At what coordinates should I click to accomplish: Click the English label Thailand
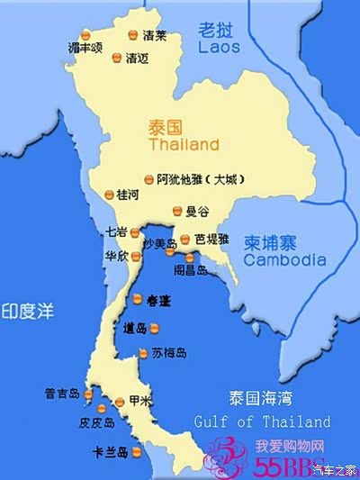point(184,144)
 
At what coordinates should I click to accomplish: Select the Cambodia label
point(284,260)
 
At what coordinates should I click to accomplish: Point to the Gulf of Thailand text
point(262,421)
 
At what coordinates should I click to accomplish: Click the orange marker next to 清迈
point(116,59)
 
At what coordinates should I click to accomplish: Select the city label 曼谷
point(196,213)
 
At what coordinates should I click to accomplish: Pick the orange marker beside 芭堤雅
point(184,239)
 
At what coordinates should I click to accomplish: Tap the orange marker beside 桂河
point(109,194)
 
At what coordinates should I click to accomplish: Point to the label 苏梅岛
point(168,353)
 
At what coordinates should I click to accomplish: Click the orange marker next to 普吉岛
point(88,394)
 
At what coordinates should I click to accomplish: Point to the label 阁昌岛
point(191,269)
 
